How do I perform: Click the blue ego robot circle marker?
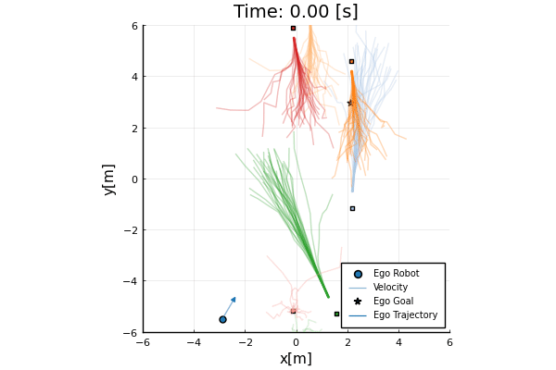click(222, 319)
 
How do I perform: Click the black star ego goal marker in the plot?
click(349, 103)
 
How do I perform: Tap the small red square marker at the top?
click(293, 28)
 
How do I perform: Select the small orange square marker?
click(351, 61)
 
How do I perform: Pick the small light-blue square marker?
click(352, 208)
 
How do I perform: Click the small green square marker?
click(336, 314)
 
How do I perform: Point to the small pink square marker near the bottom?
click(293, 311)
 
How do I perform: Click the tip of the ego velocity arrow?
click(235, 297)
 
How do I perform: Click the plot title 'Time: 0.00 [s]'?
click(296, 11)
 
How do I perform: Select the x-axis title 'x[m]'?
click(296, 358)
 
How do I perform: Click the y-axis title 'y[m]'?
click(108, 179)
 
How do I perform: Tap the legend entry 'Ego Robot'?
click(396, 273)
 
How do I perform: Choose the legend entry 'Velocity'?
click(390, 287)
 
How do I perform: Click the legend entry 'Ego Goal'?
click(393, 301)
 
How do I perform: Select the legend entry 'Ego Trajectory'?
click(405, 314)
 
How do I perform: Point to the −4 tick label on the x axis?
click(193, 342)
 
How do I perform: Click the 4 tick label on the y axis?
click(133, 77)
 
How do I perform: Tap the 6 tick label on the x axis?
click(449, 342)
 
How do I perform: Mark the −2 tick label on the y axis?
click(131, 230)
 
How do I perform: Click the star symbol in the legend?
click(357, 301)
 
